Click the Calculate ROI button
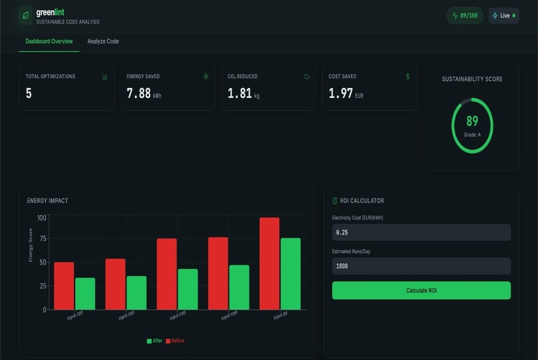[421, 291]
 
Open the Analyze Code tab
[103, 41]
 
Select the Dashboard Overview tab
[49, 41]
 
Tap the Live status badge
[504, 15]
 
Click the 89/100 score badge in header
[465, 15]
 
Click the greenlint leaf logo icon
[25, 15]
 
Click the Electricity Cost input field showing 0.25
[421, 232]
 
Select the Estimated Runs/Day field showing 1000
[421, 266]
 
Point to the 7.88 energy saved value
[139, 94]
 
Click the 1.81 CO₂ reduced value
[240, 94]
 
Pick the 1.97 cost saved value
[340, 94]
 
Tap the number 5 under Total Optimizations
[29, 94]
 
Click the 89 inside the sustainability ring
[472, 121]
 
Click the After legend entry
[154, 341]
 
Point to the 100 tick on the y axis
[41, 218]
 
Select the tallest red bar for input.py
[270, 263]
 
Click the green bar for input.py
[290, 273]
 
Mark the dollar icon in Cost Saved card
[408, 76]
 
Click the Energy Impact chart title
[47, 200]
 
